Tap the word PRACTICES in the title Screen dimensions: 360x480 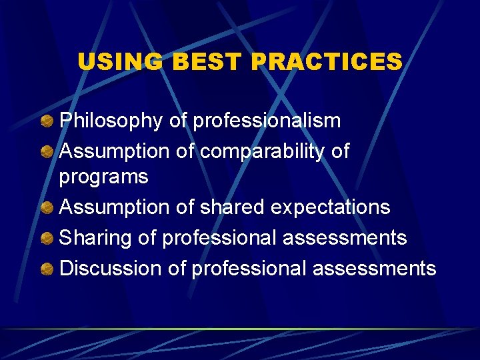point(327,62)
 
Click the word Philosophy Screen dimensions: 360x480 point(111,121)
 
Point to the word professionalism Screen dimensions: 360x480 point(266,121)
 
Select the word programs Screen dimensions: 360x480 point(103,177)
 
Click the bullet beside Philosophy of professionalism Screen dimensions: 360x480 point(47,121)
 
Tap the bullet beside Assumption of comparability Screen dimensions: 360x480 point(47,151)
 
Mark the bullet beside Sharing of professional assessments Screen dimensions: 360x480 point(47,238)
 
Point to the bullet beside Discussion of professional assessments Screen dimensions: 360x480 point(47,269)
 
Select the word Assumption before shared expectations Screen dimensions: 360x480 point(115,207)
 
